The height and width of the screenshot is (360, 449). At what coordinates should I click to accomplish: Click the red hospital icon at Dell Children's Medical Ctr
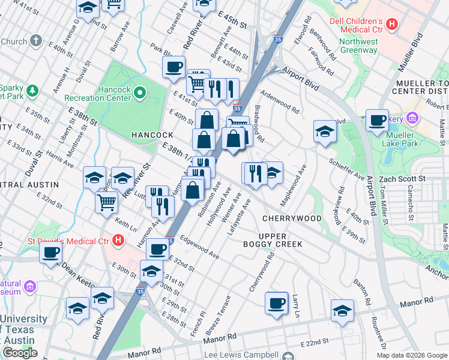392,25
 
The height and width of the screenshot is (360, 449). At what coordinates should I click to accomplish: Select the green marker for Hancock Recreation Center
140,92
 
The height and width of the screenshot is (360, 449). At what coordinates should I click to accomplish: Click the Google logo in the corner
19,353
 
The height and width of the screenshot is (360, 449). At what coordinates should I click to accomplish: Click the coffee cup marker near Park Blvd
173,67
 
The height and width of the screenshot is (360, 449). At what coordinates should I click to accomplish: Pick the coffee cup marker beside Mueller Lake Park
377,120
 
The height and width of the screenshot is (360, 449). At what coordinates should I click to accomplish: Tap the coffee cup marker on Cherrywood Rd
276,303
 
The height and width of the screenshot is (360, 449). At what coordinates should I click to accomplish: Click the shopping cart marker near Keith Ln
106,202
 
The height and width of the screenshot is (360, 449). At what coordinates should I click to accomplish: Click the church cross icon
36,41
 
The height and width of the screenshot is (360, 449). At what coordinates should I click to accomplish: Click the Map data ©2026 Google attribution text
412,355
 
